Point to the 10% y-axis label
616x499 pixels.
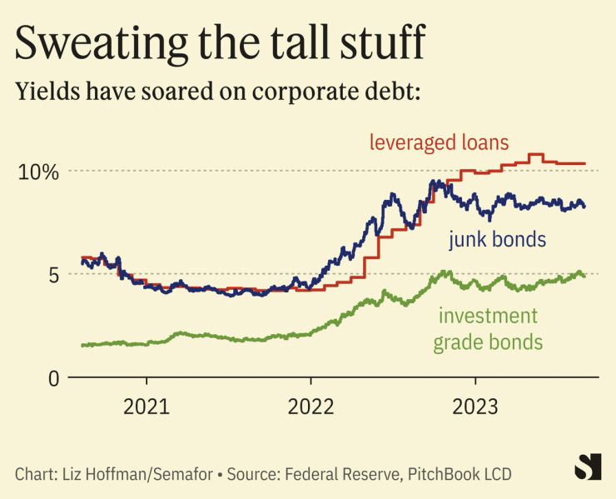click(39, 172)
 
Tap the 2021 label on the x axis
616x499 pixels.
click(147, 407)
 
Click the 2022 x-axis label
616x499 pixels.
click(310, 407)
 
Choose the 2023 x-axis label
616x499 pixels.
click(474, 407)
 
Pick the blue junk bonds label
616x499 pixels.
click(497, 241)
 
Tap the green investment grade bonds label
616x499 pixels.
click(490, 329)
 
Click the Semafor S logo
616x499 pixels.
click(588, 467)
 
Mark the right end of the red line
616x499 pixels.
click(585, 163)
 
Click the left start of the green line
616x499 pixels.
click(82, 345)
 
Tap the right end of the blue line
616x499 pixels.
click(584, 207)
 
